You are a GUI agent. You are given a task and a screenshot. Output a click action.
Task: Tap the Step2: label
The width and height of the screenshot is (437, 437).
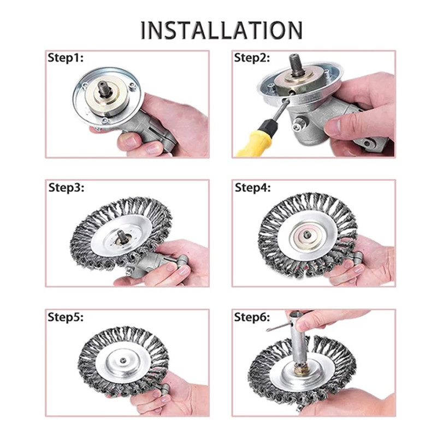pyautogui.click(x=253, y=58)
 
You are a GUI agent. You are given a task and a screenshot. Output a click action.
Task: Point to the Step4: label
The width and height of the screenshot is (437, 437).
pyautogui.click(x=253, y=188)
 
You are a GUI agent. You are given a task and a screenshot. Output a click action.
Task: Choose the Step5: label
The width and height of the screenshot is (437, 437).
pyautogui.click(x=66, y=317)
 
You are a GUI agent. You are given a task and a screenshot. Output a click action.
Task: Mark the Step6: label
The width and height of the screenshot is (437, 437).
pyautogui.click(x=253, y=317)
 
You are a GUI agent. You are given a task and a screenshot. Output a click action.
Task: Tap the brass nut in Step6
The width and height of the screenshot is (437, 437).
pyautogui.click(x=300, y=371)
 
